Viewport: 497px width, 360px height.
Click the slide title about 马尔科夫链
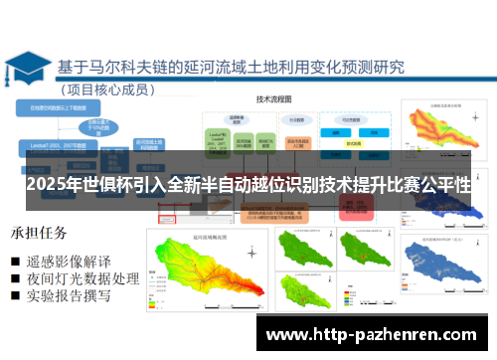(x=232, y=67)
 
